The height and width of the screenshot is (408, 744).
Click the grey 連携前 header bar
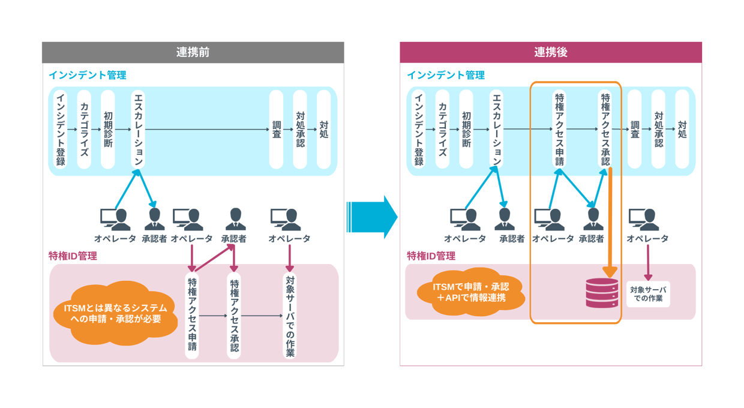[193, 53]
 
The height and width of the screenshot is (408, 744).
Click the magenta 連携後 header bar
[550, 53]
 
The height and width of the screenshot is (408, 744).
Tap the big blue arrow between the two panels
[373, 217]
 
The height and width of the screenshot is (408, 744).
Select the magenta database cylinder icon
[602, 293]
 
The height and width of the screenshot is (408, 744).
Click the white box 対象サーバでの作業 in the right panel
[648, 294]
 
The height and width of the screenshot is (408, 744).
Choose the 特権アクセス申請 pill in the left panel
[192, 315]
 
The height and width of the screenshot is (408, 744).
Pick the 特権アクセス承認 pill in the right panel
[605, 129]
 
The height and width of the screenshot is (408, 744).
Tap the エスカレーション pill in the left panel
[139, 129]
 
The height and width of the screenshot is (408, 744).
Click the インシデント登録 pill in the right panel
[419, 129]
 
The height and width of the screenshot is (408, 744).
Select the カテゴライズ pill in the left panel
[84, 129]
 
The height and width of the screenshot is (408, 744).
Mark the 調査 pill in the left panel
[276, 129]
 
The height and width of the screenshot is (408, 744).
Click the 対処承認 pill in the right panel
[658, 129]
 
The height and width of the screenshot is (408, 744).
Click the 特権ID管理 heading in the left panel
[73, 256]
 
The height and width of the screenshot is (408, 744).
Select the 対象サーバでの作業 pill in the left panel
[290, 315]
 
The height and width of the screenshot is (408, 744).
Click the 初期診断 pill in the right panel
[466, 129]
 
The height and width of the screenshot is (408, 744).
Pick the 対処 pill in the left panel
[324, 129]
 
